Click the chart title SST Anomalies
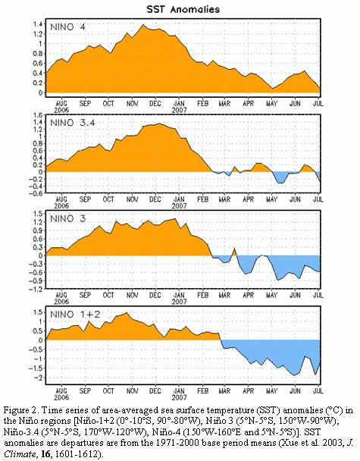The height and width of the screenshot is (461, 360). [183, 9]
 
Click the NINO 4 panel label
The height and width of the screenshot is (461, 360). [68, 27]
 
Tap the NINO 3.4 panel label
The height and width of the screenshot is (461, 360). [73, 123]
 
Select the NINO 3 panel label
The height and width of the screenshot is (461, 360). [68, 218]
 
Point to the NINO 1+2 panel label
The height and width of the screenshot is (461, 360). [75, 315]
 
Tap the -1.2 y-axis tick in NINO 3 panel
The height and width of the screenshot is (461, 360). [36, 290]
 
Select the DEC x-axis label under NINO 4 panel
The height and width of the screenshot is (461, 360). [155, 103]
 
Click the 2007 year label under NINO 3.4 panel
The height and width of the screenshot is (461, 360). [179, 205]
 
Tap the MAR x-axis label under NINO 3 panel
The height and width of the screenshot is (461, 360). [225, 295]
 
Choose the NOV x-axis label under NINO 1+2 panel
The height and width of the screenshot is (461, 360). [132, 390]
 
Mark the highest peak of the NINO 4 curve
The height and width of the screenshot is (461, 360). [143, 25]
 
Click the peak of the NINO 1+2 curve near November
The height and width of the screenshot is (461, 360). [127, 313]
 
